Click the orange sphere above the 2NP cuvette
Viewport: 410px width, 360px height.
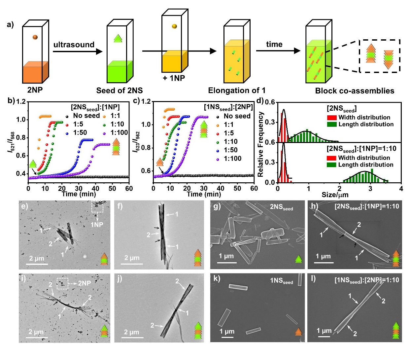tap(35, 37)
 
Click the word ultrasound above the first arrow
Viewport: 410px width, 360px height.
tap(74, 45)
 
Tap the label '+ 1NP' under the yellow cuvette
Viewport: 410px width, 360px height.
tap(174, 78)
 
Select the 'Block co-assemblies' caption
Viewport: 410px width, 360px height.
tap(355, 91)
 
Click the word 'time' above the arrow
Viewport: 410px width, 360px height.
tap(274, 45)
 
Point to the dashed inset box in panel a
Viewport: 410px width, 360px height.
tap(380, 56)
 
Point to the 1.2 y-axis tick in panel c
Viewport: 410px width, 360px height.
tap(146, 101)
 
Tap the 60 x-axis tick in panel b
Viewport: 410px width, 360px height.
tap(129, 189)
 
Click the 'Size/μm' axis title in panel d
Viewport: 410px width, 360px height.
tap(335, 195)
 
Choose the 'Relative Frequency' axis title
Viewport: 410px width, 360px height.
tap(261, 144)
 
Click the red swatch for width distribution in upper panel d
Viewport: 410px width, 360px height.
tap(331, 118)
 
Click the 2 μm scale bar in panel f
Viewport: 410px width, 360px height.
tap(133, 264)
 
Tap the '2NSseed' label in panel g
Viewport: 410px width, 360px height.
tap(281, 207)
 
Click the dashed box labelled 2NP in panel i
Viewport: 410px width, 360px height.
tap(62, 283)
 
